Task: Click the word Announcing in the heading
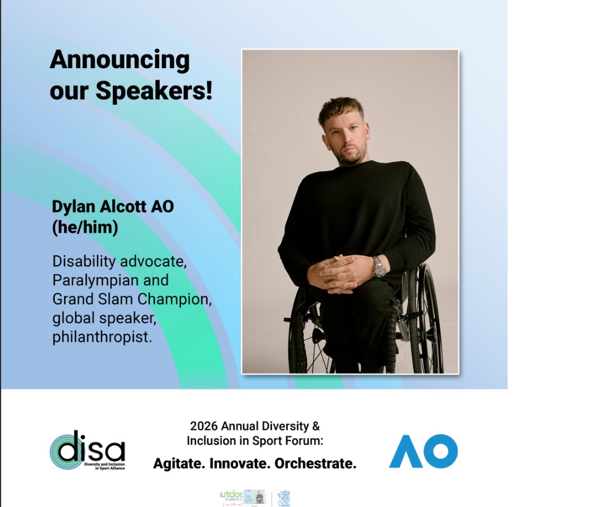coord(120,61)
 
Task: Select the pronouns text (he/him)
coord(85,227)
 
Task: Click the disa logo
coord(88,450)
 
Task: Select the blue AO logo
coord(423,451)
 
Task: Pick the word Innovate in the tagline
coord(239,463)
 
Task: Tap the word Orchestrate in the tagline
coord(315,463)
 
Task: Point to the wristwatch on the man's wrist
coord(379,267)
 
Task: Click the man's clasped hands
coord(337,271)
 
